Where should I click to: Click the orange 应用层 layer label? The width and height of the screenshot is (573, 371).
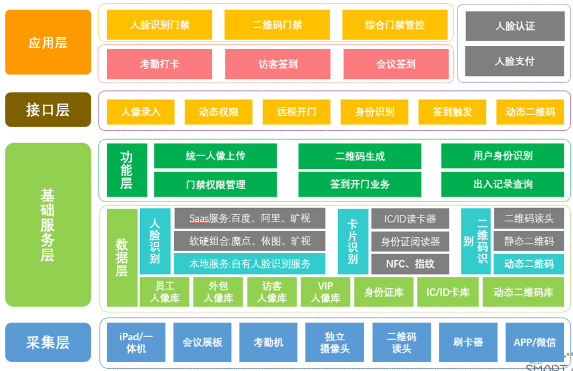click(48, 42)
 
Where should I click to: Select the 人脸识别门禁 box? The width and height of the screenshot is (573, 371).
click(159, 25)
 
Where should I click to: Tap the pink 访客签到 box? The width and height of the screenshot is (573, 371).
click(277, 64)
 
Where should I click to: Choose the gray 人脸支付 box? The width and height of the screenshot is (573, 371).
click(514, 61)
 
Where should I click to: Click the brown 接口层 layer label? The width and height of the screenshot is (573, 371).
click(48, 110)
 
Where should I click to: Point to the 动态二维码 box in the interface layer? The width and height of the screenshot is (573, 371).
click(530, 112)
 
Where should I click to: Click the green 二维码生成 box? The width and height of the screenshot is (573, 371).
click(360, 156)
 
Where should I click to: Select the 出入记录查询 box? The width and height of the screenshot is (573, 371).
click(502, 184)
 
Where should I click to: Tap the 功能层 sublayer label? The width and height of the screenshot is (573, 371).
click(126, 170)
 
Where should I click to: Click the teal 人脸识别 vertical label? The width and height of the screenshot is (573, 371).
click(155, 241)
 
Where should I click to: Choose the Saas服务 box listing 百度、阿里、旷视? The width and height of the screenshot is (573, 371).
click(250, 218)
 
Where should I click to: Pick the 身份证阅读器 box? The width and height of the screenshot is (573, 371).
click(410, 241)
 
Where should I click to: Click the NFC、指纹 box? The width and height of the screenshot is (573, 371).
click(410, 264)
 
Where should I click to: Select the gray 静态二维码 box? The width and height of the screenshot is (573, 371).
click(529, 241)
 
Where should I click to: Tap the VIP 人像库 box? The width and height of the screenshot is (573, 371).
click(325, 292)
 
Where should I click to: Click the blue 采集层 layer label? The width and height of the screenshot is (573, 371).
click(48, 343)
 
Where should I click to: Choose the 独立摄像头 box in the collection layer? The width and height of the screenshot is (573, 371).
click(334, 343)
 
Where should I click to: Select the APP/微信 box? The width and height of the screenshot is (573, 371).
click(534, 343)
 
